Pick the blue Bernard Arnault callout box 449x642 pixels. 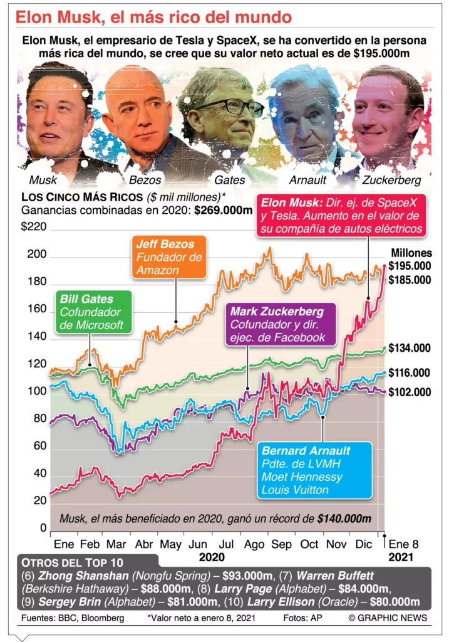point(314,470)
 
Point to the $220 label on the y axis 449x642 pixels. point(34,227)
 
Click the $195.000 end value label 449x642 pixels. point(410,266)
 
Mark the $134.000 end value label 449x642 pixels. point(410,348)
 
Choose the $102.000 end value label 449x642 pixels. point(410,392)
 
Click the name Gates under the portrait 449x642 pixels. point(229,180)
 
